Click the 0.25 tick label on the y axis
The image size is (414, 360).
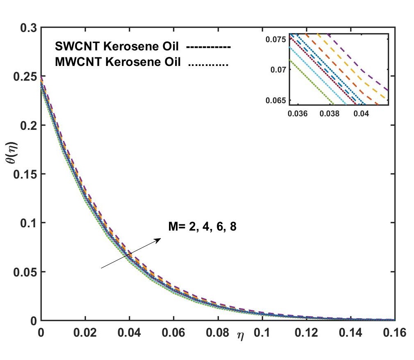pyautogui.click(x=25, y=77)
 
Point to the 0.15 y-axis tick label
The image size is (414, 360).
pyautogui.click(x=25, y=174)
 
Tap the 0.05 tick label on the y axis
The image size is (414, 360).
pyautogui.click(x=25, y=272)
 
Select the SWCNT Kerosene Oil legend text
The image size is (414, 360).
pyautogui.click(x=118, y=46)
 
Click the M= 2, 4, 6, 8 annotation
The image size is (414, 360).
pyautogui.click(x=202, y=226)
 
